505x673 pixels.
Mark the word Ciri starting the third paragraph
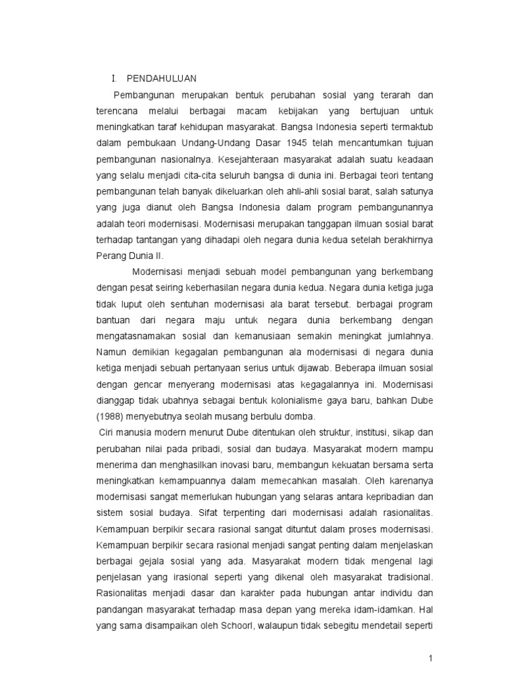(107, 432)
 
